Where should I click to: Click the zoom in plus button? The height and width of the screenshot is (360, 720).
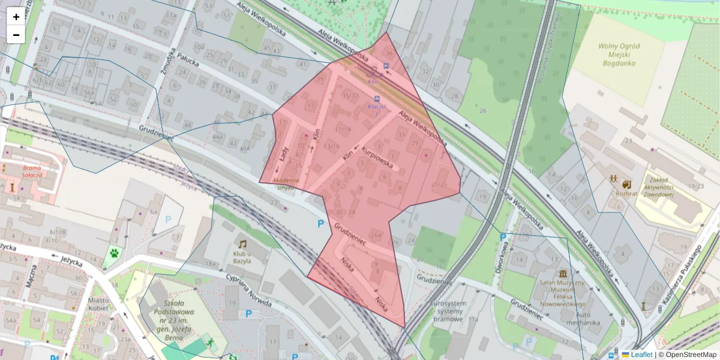click(x=16, y=17)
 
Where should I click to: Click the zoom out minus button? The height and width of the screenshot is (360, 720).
click(x=16, y=35)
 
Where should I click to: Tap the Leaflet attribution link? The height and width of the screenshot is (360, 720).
click(x=641, y=355)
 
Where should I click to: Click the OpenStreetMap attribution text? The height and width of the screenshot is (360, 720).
click(x=690, y=355)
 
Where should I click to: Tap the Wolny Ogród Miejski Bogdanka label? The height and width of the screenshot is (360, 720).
click(x=619, y=55)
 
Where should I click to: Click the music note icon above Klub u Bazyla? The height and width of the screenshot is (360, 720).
click(x=242, y=244)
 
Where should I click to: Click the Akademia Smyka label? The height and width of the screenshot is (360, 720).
click(x=286, y=184)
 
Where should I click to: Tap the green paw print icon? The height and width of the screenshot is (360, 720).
click(x=113, y=254)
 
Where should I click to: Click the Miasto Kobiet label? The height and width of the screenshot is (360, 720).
click(x=98, y=304)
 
